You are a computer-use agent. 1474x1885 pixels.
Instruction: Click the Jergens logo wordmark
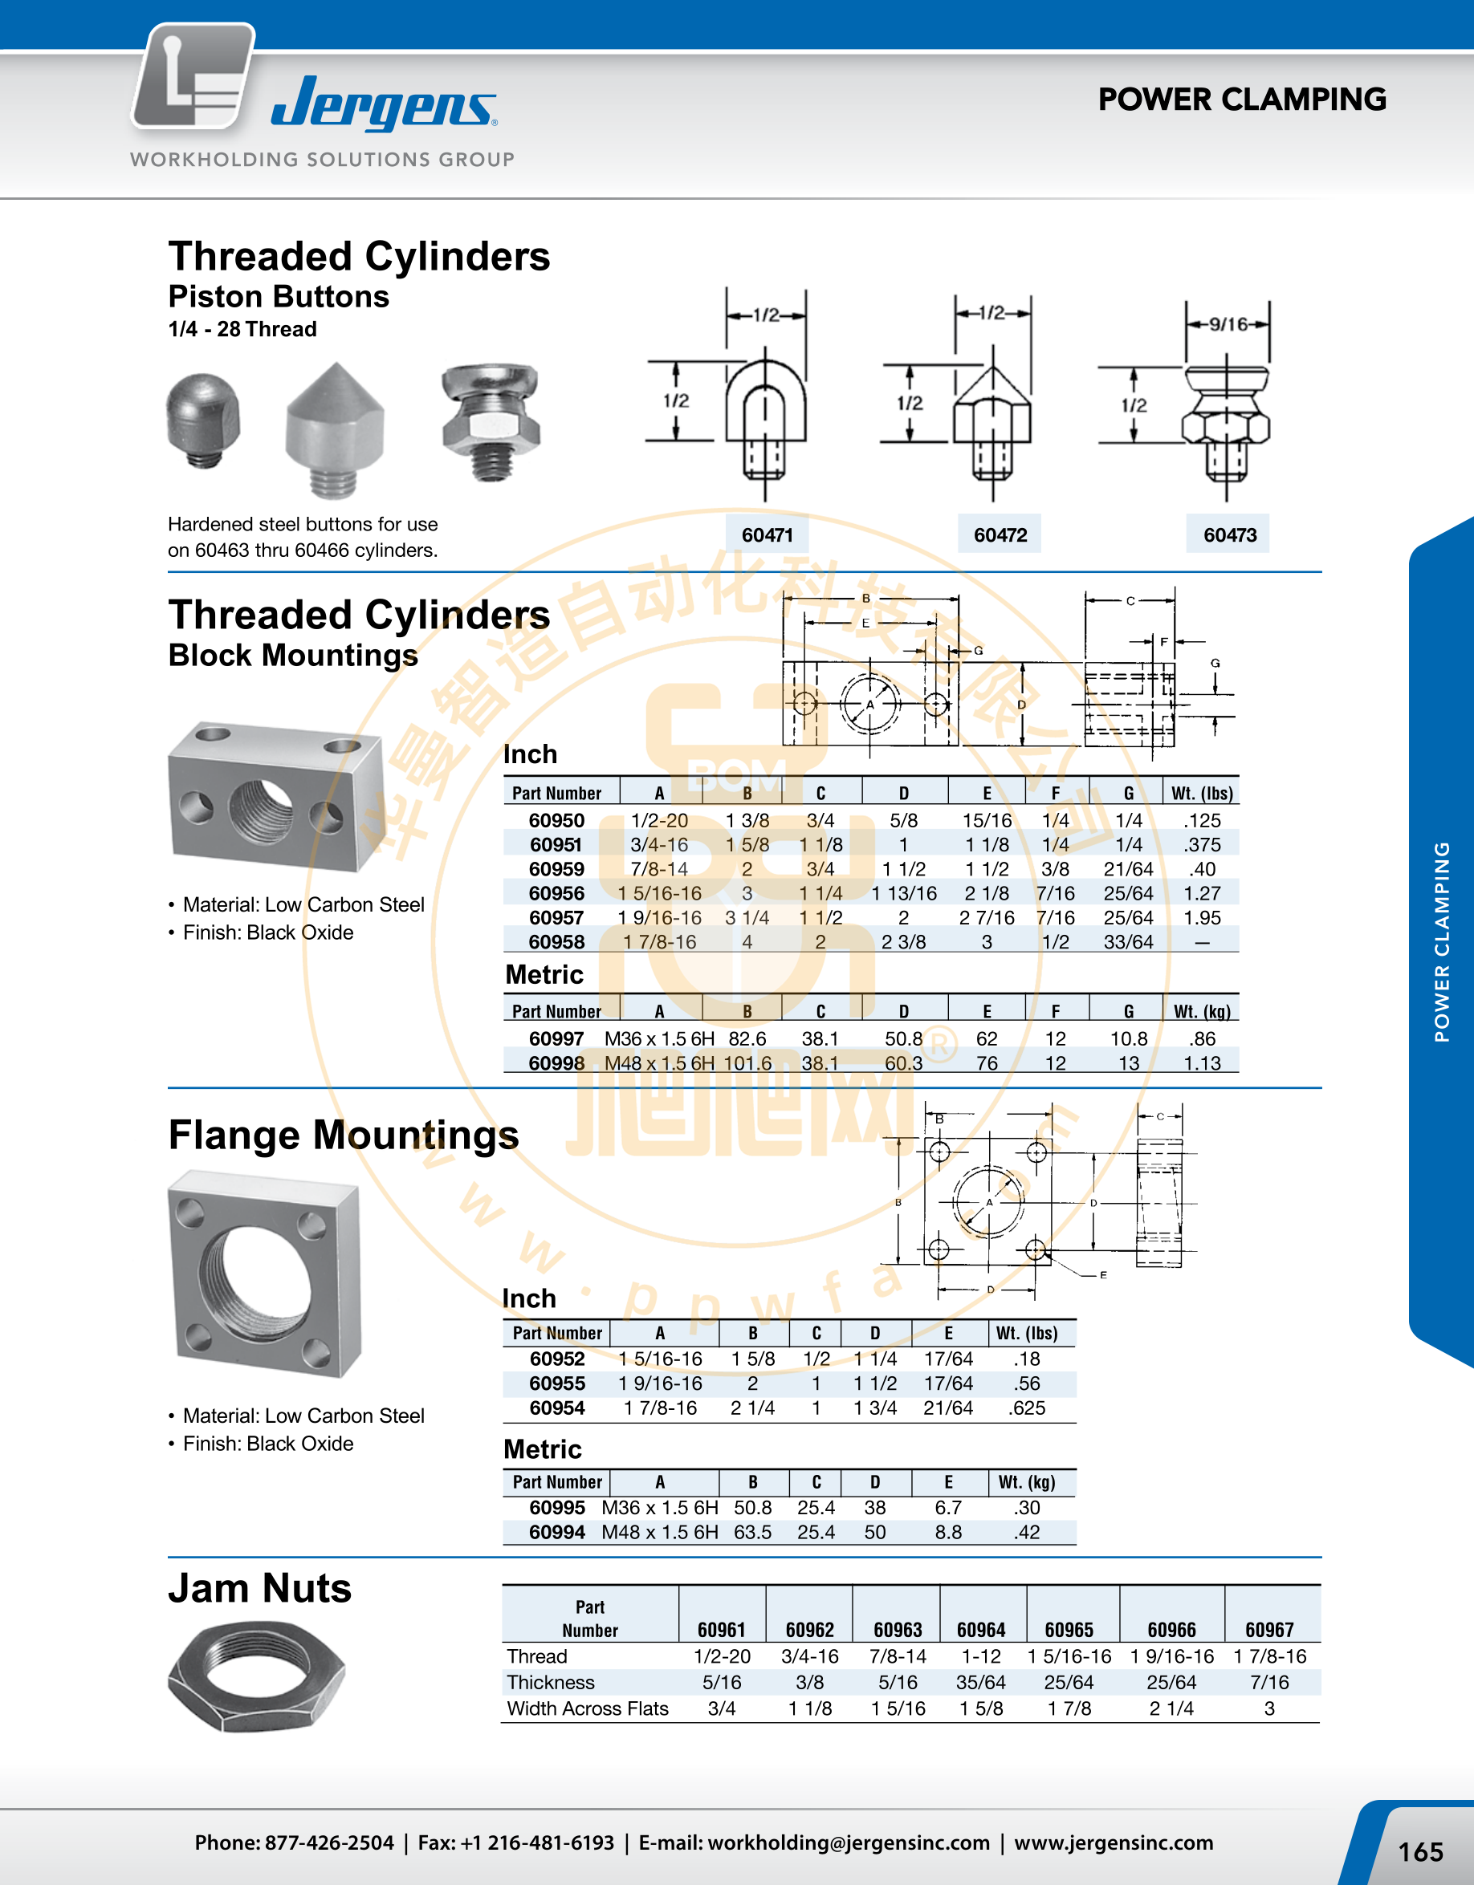384,104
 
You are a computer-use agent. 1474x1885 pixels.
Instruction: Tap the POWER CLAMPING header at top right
1242,100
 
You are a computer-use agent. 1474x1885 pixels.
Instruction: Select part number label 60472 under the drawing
1000,535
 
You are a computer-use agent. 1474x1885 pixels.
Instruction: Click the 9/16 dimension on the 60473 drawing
1228,324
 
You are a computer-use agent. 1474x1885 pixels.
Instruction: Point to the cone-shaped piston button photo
335,430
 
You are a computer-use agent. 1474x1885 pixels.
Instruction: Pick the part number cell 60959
557,869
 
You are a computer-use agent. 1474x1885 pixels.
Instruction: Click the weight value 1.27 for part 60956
1202,893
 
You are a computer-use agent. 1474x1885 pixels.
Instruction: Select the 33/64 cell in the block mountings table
1129,941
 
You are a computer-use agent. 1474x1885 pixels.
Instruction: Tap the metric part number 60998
557,1063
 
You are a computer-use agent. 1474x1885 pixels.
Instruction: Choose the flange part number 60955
557,1383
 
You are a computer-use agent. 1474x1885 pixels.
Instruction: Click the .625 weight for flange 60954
1027,1408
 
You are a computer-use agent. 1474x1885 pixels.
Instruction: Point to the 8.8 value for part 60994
948,1532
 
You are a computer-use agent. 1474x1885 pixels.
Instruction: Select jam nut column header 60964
981,1630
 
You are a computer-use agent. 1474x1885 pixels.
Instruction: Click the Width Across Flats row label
587,1708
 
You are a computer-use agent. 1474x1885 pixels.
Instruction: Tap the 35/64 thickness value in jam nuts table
981,1682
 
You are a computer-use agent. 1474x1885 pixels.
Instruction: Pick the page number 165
1420,1851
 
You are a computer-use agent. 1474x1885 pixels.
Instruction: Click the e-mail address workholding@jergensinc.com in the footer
848,1842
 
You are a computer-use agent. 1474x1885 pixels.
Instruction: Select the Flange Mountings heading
344,1135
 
